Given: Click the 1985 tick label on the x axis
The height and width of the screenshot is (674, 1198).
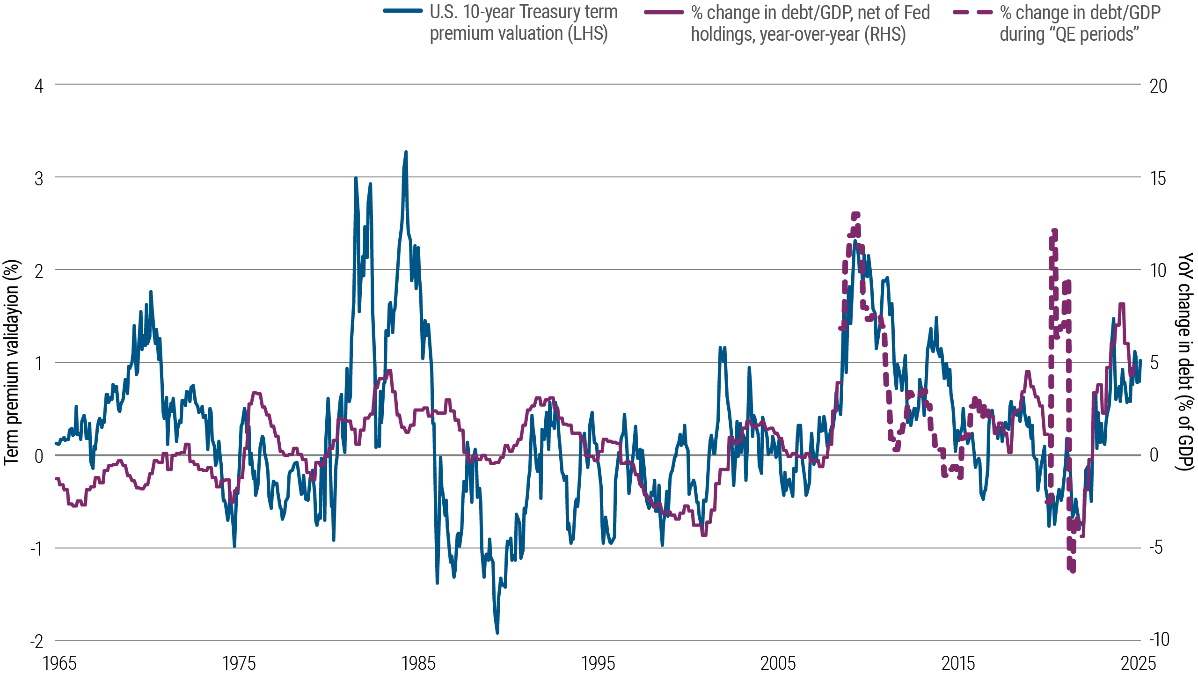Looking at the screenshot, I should coord(418,663).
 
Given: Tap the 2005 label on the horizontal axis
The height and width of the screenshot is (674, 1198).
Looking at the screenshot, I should coord(778,663).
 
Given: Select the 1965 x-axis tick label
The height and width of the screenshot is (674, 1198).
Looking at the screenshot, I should coord(59,663).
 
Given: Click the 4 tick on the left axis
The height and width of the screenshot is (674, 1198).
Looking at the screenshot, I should coord(39,86).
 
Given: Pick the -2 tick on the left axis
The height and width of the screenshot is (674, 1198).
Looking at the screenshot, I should coord(37,641).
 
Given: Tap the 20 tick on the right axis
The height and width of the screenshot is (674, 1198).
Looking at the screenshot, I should coord(1158,86).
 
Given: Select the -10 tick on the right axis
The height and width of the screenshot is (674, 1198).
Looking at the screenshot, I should coord(1159,639).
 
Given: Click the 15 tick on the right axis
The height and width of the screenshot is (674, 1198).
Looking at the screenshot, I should coord(1158,178).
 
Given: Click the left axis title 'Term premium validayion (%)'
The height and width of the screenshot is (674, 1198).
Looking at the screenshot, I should coord(13,363).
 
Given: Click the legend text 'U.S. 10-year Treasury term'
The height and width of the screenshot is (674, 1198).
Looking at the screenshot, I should coord(523,12).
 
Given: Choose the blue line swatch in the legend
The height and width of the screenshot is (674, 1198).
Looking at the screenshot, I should coord(402,11).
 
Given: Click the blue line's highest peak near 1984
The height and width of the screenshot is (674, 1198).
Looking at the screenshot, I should coord(406,152).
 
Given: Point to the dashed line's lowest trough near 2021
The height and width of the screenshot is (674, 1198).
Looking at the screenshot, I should coord(1072,570).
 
